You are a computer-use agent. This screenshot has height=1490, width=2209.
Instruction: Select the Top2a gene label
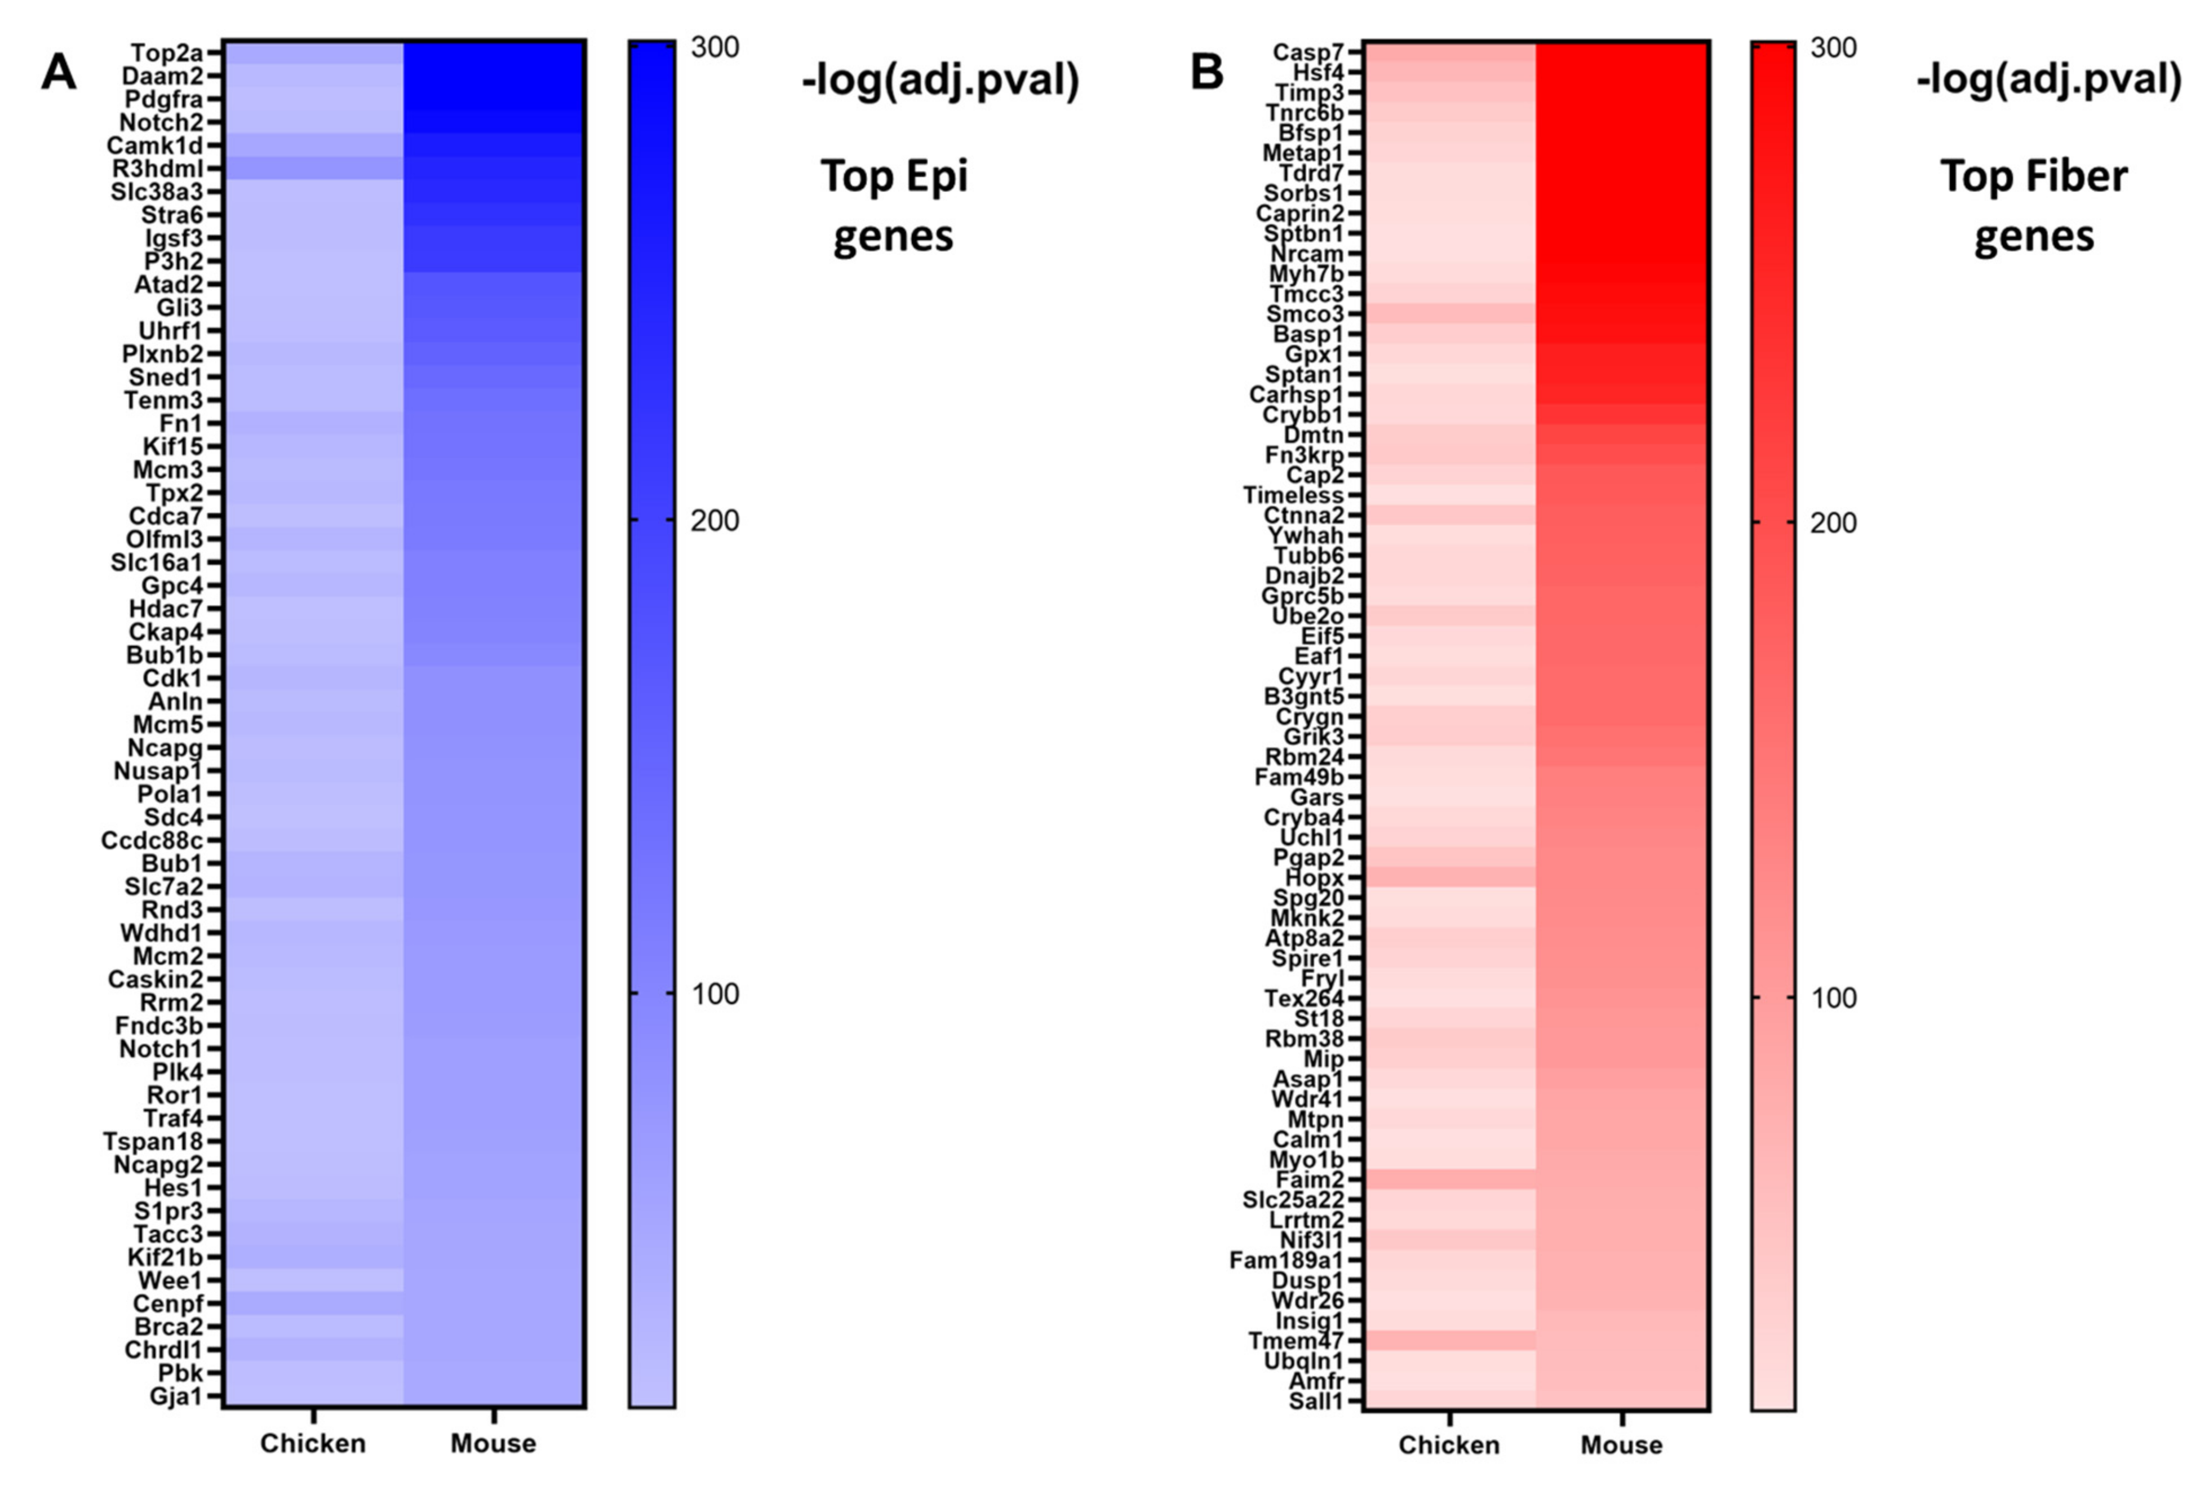click(x=166, y=52)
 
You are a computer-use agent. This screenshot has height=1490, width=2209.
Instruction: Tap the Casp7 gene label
click(x=1308, y=52)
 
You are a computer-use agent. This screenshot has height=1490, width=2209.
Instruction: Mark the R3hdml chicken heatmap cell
click(x=313, y=168)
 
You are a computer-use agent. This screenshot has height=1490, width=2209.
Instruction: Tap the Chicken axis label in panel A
click(x=313, y=1443)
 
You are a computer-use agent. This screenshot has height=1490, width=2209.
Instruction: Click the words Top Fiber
click(x=2033, y=177)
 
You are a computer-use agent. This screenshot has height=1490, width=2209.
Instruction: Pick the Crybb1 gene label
click(x=1303, y=415)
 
